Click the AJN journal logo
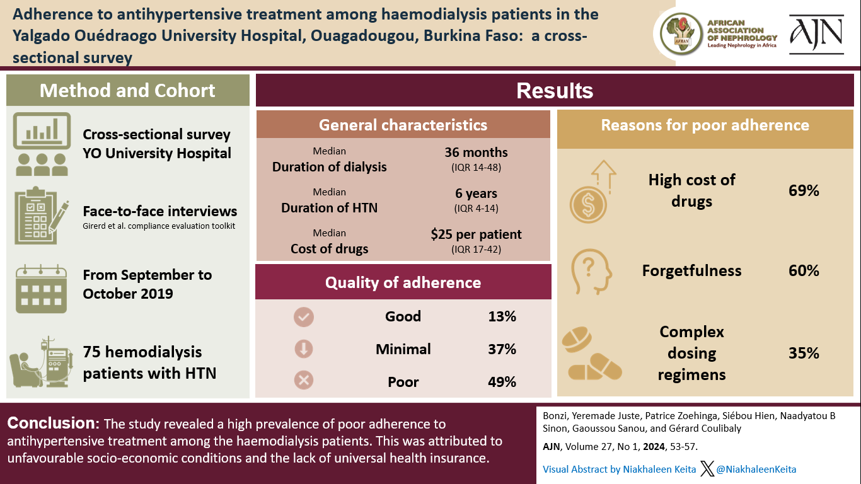click(x=816, y=34)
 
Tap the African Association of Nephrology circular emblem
click(x=679, y=34)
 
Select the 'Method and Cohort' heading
click(x=127, y=90)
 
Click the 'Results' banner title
click(x=555, y=91)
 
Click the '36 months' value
click(x=476, y=153)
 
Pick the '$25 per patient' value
click(x=476, y=234)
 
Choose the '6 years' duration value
click(x=476, y=193)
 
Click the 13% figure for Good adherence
click(x=502, y=316)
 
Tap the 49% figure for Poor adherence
click(x=502, y=382)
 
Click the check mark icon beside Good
click(x=304, y=318)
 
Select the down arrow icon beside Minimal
click(x=304, y=350)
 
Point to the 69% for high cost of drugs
click(x=804, y=190)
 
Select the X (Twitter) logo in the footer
click(x=707, y=468)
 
